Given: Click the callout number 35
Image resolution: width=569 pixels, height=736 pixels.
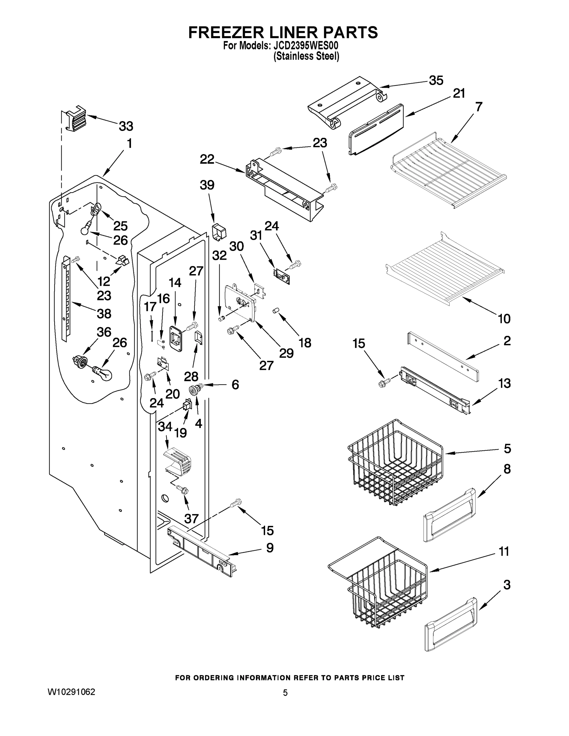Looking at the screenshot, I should (436, 81).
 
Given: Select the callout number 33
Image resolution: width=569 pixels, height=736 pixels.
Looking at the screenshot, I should (126, 126).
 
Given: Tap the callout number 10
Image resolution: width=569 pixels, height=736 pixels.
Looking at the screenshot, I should (504, 318).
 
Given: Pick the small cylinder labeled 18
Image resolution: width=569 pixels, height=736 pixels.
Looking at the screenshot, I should (275, 310).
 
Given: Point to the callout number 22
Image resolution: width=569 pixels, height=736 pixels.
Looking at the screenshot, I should (207, 159).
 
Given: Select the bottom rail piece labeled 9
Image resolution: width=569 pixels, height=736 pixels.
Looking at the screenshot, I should (202, 552).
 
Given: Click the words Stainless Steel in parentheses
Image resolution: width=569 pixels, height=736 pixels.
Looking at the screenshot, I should (306, 56).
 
